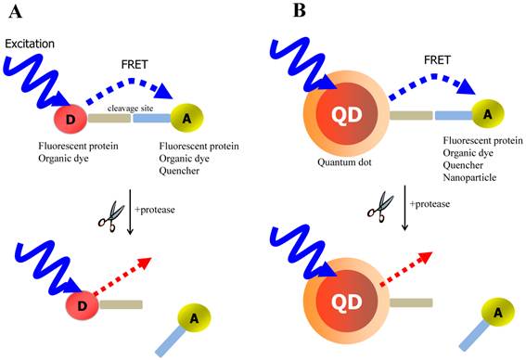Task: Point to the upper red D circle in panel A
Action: point(78,119)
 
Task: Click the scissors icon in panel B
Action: point(377,211)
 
